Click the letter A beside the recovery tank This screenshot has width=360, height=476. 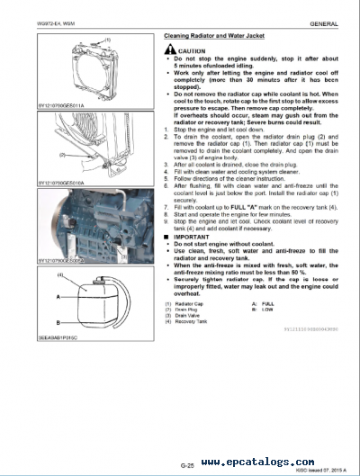[58, 294]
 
